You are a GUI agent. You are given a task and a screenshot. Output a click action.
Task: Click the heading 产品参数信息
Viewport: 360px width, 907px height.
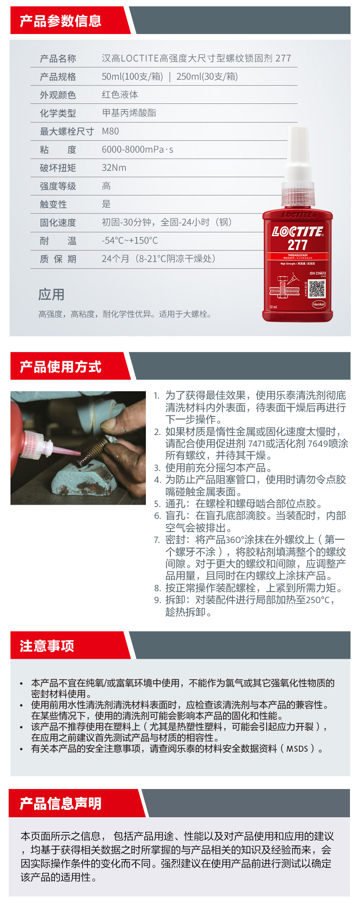pyautogui.click(x=61, y=21)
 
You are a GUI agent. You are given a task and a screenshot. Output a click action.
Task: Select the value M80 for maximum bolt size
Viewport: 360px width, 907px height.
pyautogui.click(x=110, y=132)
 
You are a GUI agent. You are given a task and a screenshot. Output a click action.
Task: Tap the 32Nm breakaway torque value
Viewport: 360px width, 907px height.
pyautogui.click(x=114, y=168)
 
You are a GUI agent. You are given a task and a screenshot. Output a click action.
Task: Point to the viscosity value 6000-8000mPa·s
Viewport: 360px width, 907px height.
pyautogui.click(x=138, y=150)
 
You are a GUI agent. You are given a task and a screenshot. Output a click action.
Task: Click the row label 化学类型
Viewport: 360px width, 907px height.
pyautogui.click(x=58, y=113)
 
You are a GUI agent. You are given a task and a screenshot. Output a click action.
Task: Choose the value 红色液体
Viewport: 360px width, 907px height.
pyautogui.click(x=120, y=95)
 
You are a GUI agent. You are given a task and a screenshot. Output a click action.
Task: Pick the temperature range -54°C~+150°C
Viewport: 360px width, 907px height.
pyautogui.click(x=130, y=241)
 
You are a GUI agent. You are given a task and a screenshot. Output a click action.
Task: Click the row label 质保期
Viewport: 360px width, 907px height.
pyautogui.click(x=58, y=259)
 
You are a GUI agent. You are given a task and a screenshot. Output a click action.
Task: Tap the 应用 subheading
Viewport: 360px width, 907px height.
pyautogui.click(x=51, y=295)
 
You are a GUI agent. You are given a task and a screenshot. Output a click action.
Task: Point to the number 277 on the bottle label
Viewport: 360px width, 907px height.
pyautogui.click(x=297, y=245)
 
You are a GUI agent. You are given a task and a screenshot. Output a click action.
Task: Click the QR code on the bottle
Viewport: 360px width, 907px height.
pyautogui.click(x=317, y=289)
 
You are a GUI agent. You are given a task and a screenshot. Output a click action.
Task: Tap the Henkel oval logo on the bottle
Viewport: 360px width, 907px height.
pyautogui.click(x=319, y=304)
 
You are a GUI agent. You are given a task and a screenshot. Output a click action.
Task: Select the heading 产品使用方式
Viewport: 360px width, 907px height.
pyautogui.click(x=61, y=367)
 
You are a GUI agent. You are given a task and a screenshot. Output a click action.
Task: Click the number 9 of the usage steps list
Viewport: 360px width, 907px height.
pyautogui.click(x=157, y=600)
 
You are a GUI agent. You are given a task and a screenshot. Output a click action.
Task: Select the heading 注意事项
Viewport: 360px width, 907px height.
pyautogui.click(x=47, y=646)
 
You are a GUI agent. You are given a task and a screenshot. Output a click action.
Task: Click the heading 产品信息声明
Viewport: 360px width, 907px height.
pyautogui.click(x=61, y=804)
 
